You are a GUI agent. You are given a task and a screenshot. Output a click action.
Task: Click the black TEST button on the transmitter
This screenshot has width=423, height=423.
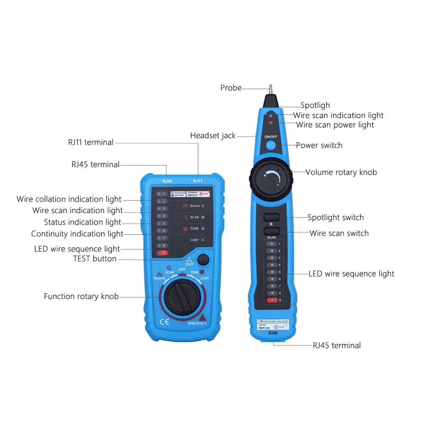[204, 259]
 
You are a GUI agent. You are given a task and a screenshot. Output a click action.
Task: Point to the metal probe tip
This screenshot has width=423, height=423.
[269, 90]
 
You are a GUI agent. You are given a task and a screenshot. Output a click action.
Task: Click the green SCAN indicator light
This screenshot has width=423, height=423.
[203, 217]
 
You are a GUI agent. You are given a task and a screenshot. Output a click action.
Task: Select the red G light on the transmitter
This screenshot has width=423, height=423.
[161, 253]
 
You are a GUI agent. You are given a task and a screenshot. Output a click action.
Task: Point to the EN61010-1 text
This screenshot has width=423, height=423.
[197, 324]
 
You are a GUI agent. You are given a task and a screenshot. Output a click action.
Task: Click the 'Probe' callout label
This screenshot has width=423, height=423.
[231, 88]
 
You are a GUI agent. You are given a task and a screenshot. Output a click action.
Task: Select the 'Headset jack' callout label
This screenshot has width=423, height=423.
[213, 136]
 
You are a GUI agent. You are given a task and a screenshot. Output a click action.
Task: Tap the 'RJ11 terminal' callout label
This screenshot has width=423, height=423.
[91, 143]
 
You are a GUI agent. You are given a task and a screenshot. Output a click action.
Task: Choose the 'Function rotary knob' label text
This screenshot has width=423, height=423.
[81, 297]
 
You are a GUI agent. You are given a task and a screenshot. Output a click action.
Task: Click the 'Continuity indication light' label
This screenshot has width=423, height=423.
[77, 234]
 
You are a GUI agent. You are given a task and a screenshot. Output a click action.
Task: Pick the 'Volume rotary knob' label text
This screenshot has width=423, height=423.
[341, 172]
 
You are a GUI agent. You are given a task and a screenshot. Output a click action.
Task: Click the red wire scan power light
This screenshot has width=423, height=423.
[271, 123]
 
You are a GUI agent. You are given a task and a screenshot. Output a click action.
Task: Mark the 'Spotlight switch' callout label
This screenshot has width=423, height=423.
[335, 217]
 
